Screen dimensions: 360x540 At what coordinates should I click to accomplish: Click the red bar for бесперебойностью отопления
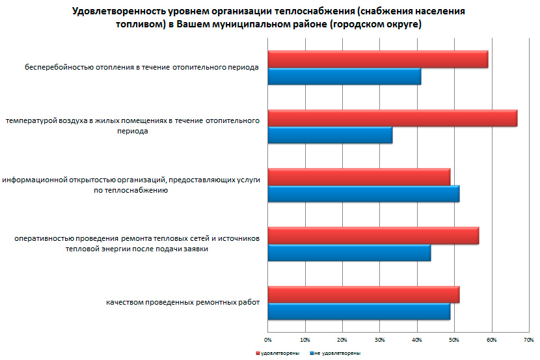tap(377, 59)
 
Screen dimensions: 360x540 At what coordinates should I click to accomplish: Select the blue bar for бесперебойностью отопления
tap(344, 77)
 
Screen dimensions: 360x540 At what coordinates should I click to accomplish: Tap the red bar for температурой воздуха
tap(392, 118)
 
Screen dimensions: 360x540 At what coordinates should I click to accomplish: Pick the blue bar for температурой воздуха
tap(330, 135)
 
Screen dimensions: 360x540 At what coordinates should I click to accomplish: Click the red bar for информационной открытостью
tap(358, 177)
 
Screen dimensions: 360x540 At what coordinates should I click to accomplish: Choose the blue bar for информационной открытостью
tap(363, 194)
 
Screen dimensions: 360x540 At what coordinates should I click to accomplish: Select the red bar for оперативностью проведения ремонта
tap(373, 236)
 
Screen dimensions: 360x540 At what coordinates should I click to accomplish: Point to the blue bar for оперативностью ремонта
tap(349, 253)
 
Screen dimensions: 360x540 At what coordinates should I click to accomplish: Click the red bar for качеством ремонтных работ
tap(363, 294)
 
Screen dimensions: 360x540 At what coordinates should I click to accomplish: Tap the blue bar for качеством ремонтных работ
tap(358, 311)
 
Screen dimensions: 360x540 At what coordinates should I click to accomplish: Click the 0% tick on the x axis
tap(268, 339)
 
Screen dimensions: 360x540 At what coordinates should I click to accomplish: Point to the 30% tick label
tap(380, 339)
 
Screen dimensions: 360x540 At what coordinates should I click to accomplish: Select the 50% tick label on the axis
tap(455, 339)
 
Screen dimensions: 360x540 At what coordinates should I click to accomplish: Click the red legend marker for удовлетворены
tap(257, 353)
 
